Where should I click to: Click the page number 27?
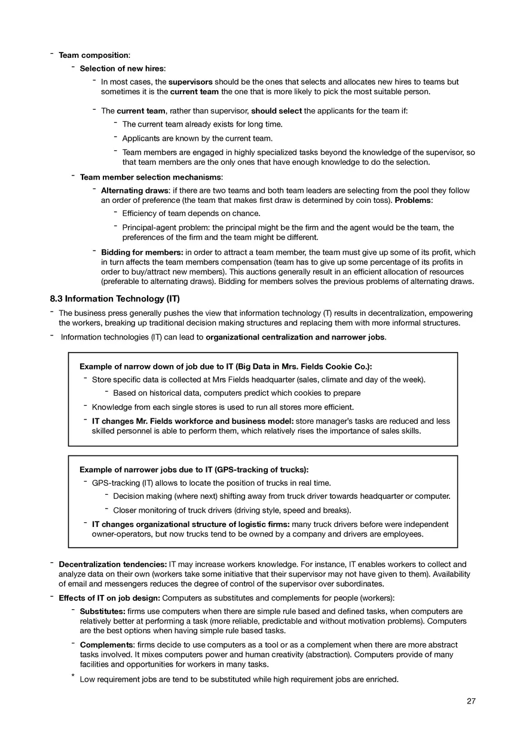[471, 701]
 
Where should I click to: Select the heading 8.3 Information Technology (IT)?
[115, 298]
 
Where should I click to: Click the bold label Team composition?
[93, 56]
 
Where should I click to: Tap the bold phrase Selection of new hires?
[122, 69]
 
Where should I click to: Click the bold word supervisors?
[190, 82]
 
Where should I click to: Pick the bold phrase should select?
[277, 111]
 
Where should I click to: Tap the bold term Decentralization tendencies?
[112, 565]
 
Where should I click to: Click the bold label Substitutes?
[102, 612]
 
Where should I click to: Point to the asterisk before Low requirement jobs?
[72, 677]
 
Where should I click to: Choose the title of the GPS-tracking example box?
[194, 470]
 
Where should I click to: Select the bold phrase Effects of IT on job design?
[109, 598]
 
